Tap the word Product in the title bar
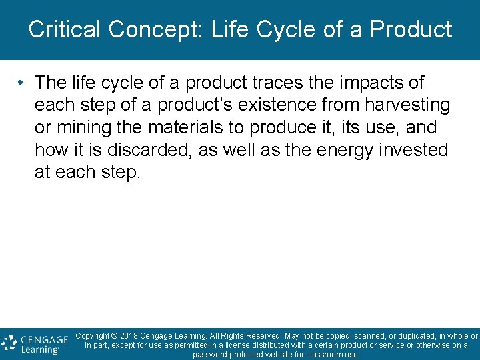click(x=411, y=29)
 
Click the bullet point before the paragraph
click(x=22, y=83)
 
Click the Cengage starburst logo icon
click(x=9, y=343)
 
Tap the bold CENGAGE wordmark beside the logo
click(x=44, y=339)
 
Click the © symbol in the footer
click(x=115, y=336)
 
